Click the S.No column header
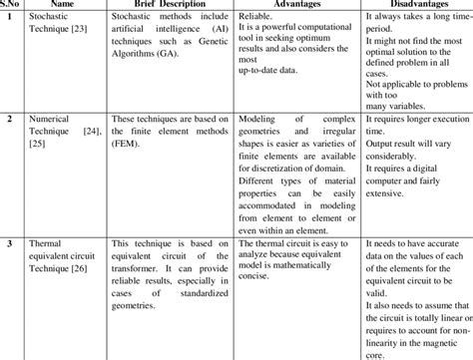tap(12, 5)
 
